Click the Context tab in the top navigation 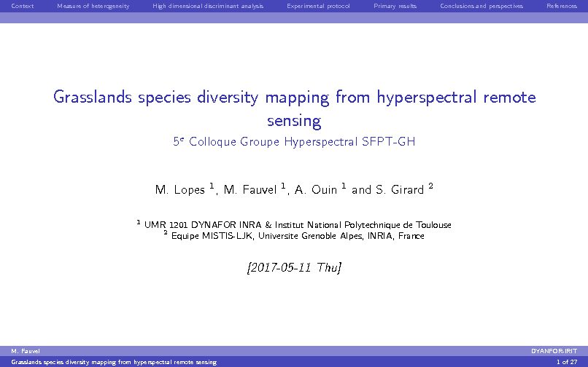[x=23, y=6]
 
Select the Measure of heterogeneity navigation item [x=93, y=6]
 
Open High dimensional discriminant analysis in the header [x=208, y=6]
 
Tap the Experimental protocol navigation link [x=318, y=6]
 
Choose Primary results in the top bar [x=395, y=6]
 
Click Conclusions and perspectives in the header [x=481, y=6]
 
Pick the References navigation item [x=562, y=6]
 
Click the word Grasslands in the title [x=93, y=97]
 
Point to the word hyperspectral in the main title [x=427, y=98]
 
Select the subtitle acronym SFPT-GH [x=389, y=141]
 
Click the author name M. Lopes [x=180, y=190]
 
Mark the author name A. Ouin [x=316, y=189]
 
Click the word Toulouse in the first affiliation [x=433, y=225]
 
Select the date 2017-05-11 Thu [x=294, y=267]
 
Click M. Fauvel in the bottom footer [x=26, y=351]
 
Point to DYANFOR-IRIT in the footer [x=554, y=351]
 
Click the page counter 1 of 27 [x=567, y=362]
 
